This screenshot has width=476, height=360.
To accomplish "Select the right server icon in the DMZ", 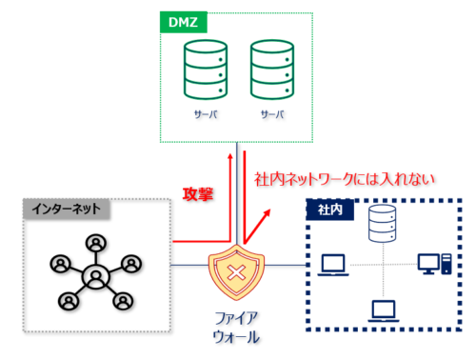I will tap(270, 70).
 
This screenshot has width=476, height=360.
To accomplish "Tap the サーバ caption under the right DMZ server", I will tap(270, 112).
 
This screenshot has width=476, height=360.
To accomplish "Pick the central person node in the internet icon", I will tap(96, 278).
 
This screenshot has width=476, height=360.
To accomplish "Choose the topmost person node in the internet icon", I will tap(96, 241).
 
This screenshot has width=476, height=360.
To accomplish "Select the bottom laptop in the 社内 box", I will tap(383, 310).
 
